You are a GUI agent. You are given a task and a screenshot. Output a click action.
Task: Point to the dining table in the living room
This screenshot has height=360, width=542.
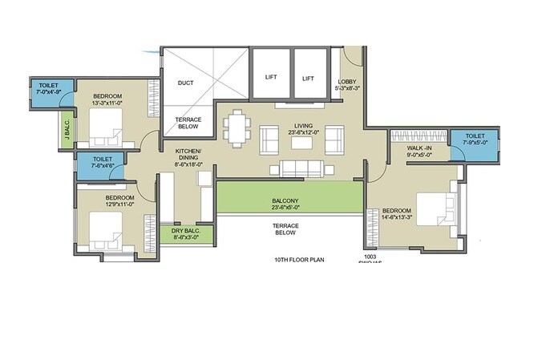pyautogui.click(x=237, y=127)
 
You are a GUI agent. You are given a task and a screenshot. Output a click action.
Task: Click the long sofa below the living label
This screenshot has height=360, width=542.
pyautogui.click(x=301, y=168)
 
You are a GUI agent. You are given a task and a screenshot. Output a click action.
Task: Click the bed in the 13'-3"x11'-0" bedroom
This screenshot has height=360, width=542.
pyautogui.click(x=106, y=124)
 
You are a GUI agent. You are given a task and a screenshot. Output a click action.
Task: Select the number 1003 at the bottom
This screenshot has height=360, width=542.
pyautogui.click(x=370, y=257)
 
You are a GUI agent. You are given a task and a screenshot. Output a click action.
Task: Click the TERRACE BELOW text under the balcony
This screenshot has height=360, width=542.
pyautogui.click(x=285, y=231)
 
